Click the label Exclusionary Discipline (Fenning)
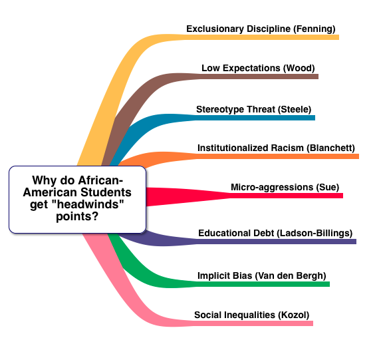261,29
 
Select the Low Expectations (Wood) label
258,68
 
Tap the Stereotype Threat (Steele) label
254,109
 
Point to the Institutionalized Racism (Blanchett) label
276,148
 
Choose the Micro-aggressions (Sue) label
285,187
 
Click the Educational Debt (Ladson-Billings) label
275,233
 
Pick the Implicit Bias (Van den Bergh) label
262,276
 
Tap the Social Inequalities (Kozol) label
252,315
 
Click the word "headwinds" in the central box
88,204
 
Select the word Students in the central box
106,192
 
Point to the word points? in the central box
77,216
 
